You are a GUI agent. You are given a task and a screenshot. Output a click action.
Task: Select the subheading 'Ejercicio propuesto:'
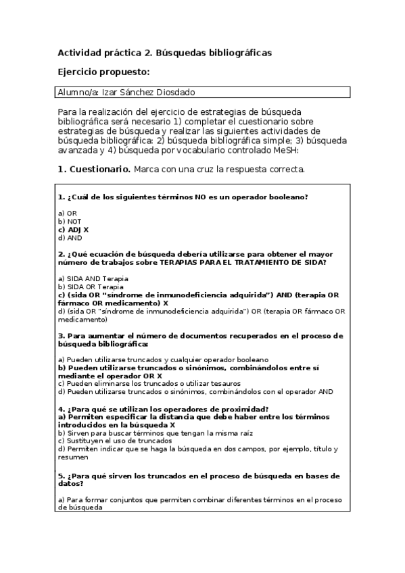click(x=103, y=72)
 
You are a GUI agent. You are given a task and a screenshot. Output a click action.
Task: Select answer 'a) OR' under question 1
click(x=68, y=212)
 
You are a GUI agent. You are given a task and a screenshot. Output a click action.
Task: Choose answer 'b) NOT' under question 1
click(x=70, y=220)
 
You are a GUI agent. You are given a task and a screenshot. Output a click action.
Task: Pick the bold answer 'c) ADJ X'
click(x=74, y=229)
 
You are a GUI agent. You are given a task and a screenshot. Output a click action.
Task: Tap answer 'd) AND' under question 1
click(x=70, y=237)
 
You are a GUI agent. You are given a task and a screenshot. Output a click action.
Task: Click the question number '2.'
click(x=62, y=254)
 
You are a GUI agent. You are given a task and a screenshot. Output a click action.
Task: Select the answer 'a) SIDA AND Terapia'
click(x=93, y=278)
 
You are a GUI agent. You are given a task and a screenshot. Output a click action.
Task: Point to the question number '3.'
click(x=62, y=335)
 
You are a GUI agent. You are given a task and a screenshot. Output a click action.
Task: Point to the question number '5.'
click(x=62, y=476)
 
